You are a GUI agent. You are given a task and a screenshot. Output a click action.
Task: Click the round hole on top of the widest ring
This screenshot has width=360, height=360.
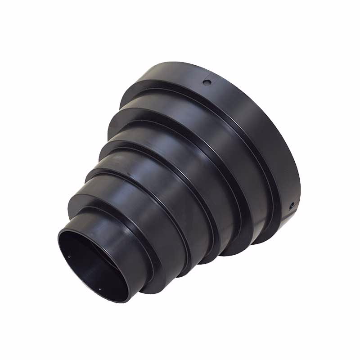pos(207,83)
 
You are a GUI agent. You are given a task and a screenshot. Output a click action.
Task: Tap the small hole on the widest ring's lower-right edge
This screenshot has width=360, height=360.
pos(292,205)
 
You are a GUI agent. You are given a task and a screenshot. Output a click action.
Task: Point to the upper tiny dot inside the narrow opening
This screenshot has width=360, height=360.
pos(69,257)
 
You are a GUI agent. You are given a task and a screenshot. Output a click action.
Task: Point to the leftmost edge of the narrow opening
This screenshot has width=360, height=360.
pos(58,243)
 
